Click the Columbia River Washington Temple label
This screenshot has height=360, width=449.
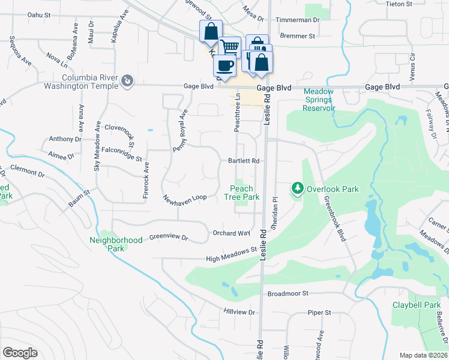(67, 81)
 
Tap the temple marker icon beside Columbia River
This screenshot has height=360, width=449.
(127, 81)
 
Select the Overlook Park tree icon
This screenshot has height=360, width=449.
(297, 189)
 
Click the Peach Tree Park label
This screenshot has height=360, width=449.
(242, 193)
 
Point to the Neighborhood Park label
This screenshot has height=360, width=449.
(116, 244)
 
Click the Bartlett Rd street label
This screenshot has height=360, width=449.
(243, 161)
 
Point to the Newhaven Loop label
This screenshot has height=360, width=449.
(184, 197)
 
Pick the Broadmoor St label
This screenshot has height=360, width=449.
(288, 294)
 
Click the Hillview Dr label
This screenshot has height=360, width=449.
(239, 313)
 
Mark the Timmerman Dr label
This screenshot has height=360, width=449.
(298, 20)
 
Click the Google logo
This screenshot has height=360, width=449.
(20, 353)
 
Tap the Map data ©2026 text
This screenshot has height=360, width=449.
(423, 355)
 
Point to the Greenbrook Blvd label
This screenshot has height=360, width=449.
(336, 218)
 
